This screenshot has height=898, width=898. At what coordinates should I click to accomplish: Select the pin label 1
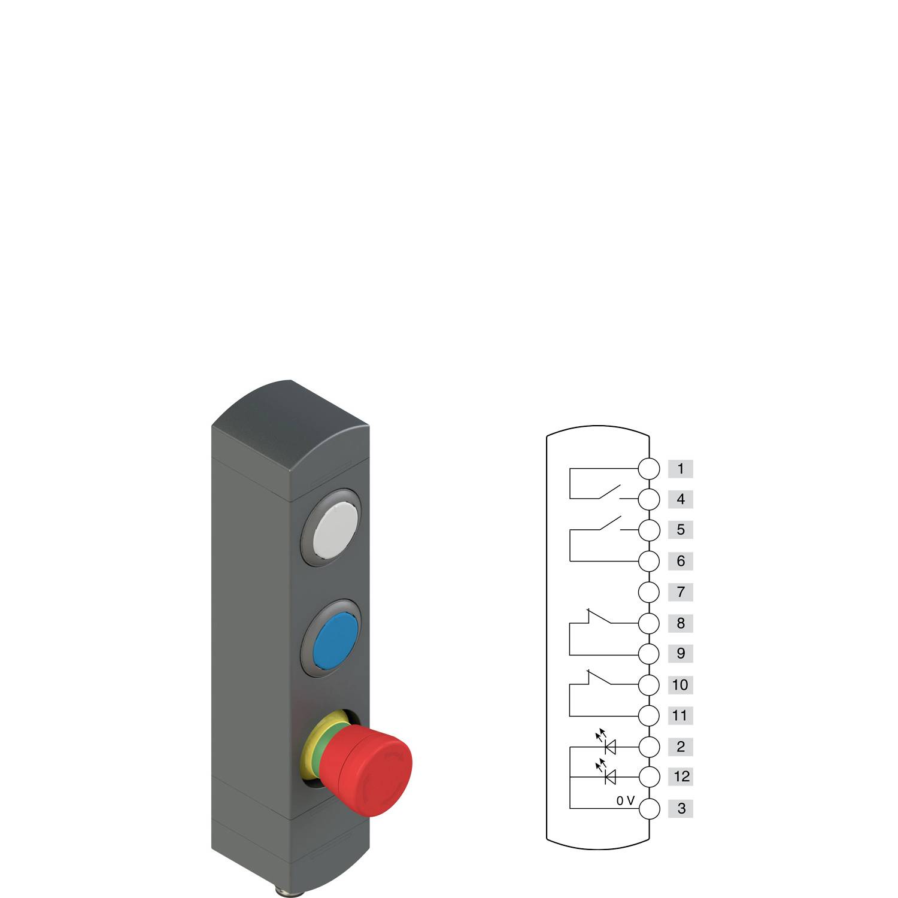click(x=680, y=469)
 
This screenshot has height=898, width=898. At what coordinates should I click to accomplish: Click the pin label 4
click(x=680, y=499)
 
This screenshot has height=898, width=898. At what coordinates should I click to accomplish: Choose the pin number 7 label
click(x=680, y=592)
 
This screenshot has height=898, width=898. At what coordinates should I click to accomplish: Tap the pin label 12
click(x=681, y=777)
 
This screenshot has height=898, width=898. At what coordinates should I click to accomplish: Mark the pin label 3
click(x=681, y=808)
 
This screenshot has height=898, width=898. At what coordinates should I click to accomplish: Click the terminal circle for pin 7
click(x=649, y=592)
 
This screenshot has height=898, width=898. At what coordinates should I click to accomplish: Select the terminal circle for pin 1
click(x=649, y=469)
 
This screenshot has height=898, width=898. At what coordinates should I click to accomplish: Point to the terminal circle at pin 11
click(x=649, y=715)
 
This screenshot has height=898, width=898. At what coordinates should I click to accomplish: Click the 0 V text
click(x=625, y=801)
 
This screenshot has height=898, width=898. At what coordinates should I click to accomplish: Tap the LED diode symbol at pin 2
click(x=610, y=746)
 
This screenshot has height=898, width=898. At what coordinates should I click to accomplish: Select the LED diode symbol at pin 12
click(x=610, y=777)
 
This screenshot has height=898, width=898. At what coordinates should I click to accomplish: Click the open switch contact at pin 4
click(x=609, y=492)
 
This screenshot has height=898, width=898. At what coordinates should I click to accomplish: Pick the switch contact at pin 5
click(x=609, y=523)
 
